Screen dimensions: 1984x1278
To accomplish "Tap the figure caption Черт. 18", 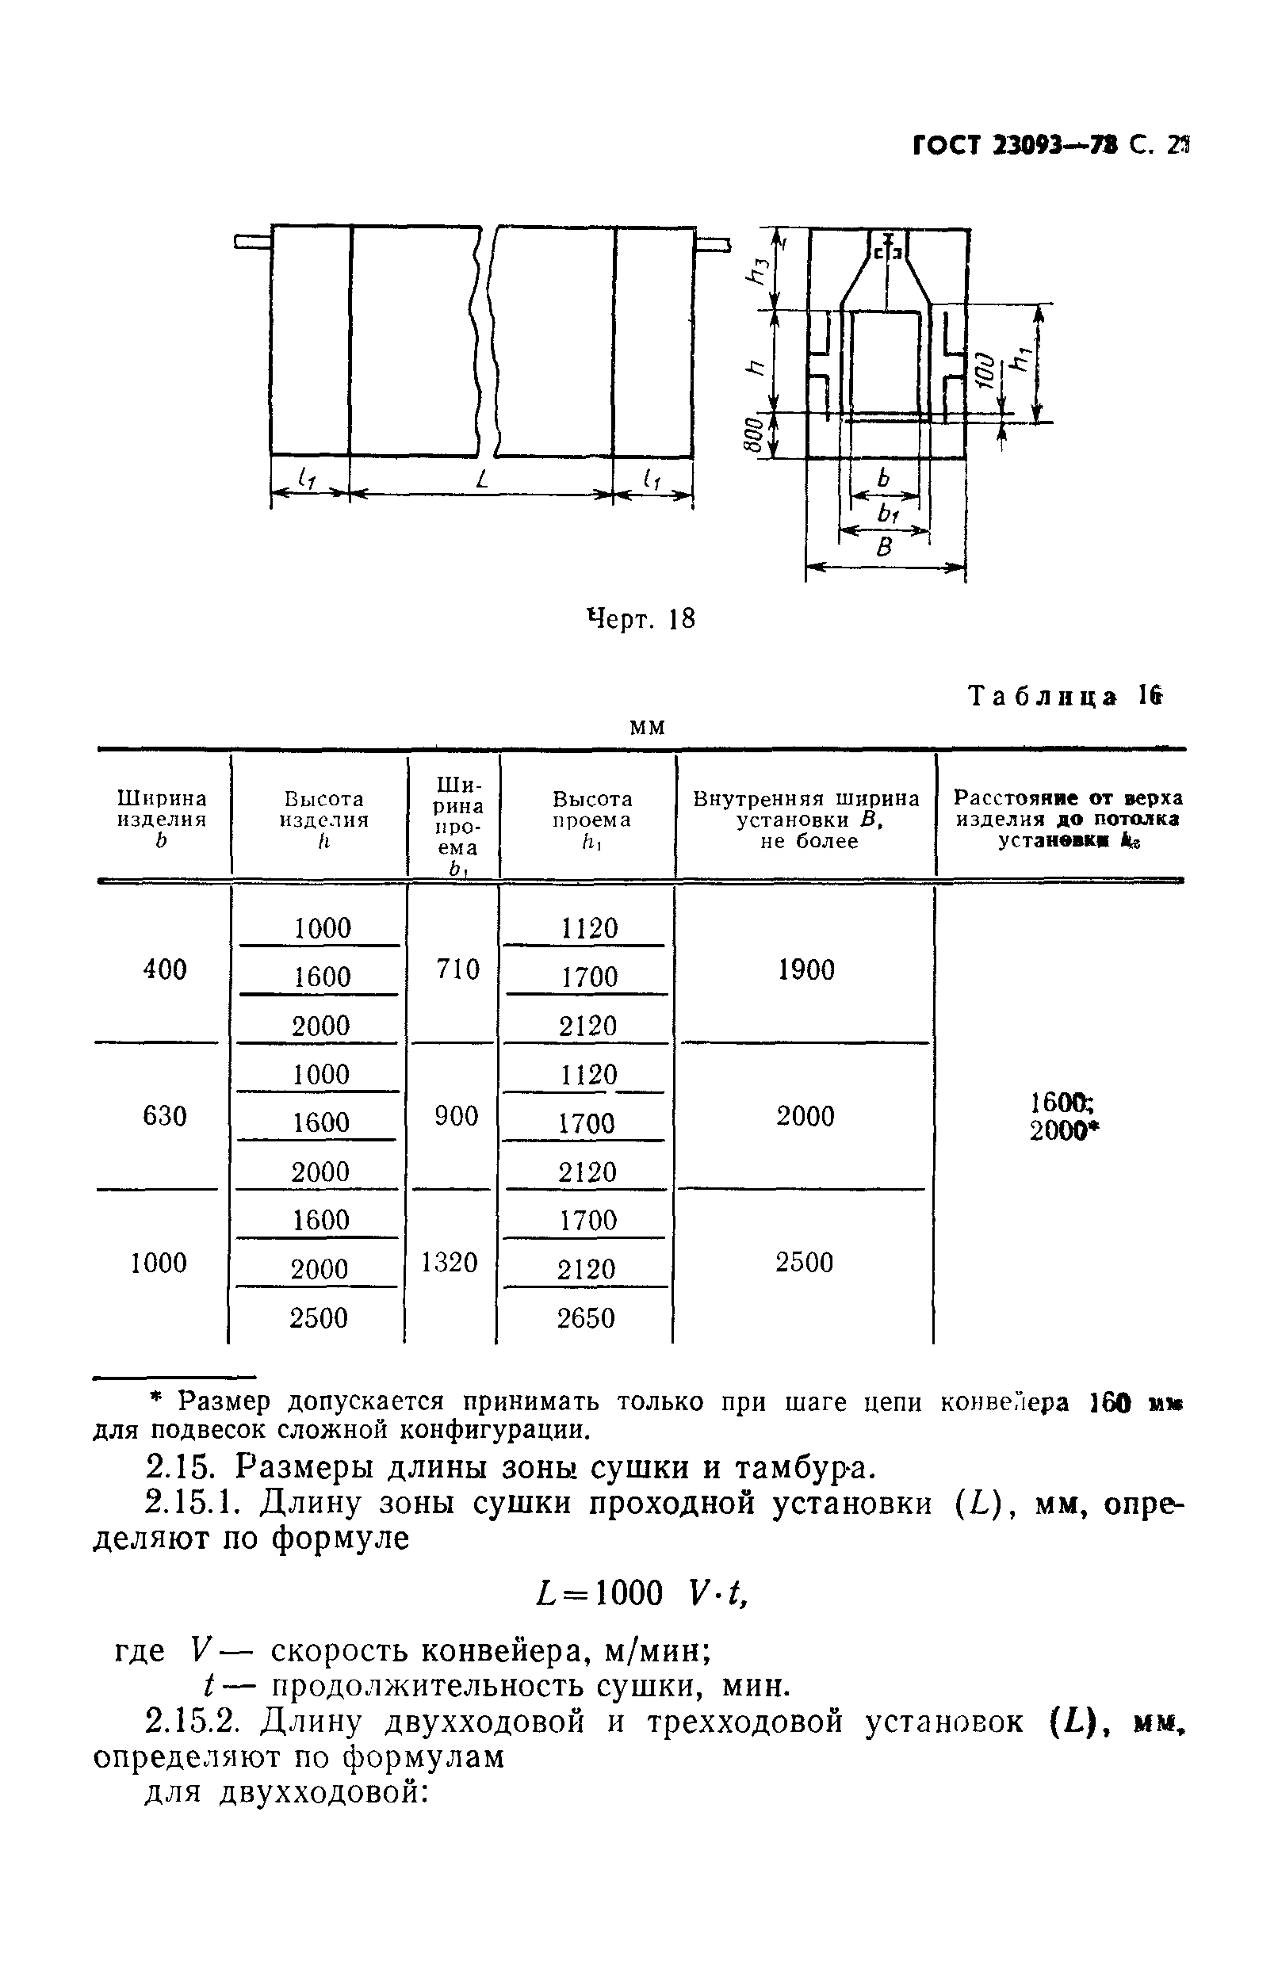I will coord(641,619).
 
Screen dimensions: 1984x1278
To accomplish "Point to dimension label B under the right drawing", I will coord(886,548).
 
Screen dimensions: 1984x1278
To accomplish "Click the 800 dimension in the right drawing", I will coord(752,435).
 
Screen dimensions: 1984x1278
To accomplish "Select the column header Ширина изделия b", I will coord(162,819).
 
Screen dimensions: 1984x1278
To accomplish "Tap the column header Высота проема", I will coord(591,819).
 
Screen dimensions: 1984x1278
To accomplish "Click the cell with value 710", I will coord(457,969).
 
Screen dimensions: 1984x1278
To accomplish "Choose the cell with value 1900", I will coord(805,969).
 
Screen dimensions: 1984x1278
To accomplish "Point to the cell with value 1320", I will coord(450,1262).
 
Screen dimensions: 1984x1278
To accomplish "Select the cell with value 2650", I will coord(586,1317).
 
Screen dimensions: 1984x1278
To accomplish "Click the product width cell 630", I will coord(164,1116).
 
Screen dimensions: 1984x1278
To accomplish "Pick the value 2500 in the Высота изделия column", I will coord(319,1317).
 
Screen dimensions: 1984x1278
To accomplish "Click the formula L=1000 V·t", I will coord(643,1592).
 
